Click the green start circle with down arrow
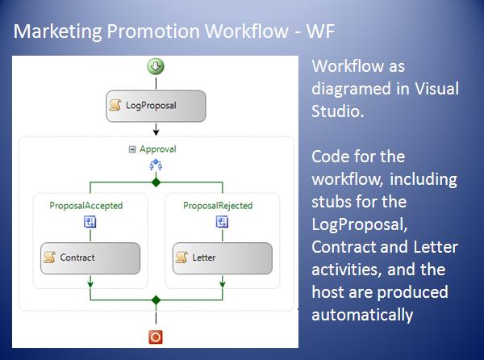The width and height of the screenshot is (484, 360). (x=156, y=66)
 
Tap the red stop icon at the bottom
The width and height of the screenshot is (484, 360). (x=156, y=337)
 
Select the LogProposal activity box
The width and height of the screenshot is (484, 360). (x=156, y=106)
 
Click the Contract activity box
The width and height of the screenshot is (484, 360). (x=90, y=258)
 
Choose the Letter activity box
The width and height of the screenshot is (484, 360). (x=223, y=258)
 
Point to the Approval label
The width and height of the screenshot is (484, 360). (x=158, y=149)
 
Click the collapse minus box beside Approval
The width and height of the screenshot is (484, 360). (x=132, y=150)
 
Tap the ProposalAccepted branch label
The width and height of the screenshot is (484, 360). (x=86, y=206)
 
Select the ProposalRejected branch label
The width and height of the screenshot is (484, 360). (x=218, y=206)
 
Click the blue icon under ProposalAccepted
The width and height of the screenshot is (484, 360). (x=90, y=222)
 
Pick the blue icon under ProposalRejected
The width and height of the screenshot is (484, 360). (x=222, y=222)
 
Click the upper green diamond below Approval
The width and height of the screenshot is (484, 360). (x=156, y=182)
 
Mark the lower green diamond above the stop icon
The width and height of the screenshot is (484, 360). (x=156, y=299)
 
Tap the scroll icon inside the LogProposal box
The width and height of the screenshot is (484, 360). (x=115, y=105)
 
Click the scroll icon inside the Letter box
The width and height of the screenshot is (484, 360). (x=181, y=257)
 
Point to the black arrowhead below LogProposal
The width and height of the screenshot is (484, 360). (x=156, y=132)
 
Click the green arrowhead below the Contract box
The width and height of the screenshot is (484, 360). (x=90, y=283)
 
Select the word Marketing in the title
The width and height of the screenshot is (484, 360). (x=58, y=31)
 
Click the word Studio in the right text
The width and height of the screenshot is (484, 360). (x=338, y=111)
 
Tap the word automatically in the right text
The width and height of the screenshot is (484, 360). (x=362, y=316)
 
